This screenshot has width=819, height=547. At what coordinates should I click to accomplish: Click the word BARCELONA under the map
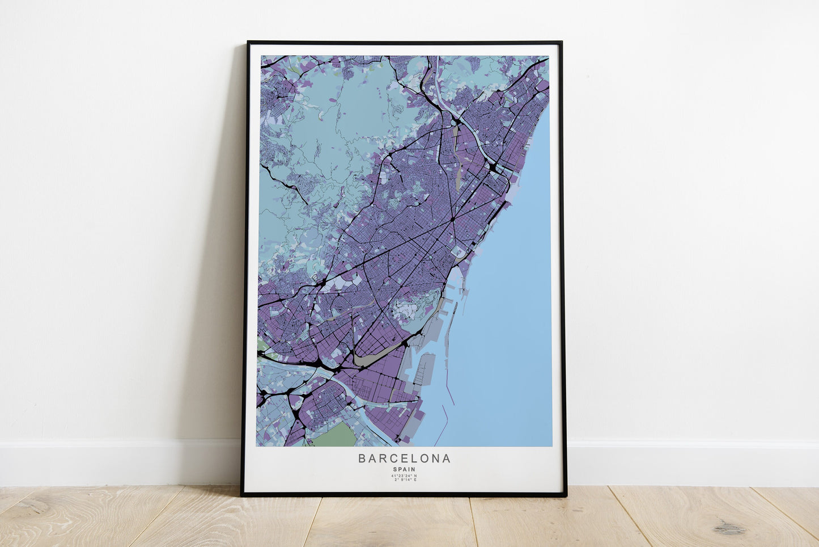404,458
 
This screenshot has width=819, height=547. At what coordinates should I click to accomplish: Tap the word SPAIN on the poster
404,469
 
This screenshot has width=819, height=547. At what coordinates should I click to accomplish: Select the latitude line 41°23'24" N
404,476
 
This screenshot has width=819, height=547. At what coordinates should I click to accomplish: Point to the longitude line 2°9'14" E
404,480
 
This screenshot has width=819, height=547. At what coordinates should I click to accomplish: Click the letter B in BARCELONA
362,458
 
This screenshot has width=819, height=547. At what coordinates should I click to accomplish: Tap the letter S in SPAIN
394,469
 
